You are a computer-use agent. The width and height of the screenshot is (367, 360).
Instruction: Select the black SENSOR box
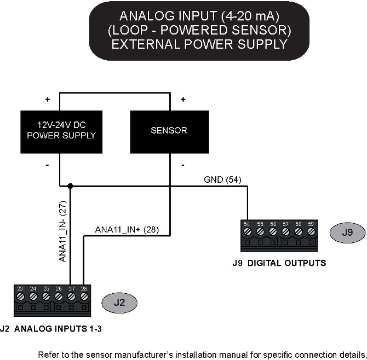coord(169,131)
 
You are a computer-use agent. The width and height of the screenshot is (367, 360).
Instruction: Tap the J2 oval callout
coord(119,301)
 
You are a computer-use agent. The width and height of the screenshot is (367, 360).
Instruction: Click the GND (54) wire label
coord(222,179)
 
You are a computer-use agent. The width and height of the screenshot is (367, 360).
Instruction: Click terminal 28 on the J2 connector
coord(84,296)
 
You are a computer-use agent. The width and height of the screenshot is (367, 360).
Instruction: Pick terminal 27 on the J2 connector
coord(71,296)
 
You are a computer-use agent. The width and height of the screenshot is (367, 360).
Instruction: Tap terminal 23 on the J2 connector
coord(20,296)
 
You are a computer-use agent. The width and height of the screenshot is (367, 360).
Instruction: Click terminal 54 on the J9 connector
coord(247,232)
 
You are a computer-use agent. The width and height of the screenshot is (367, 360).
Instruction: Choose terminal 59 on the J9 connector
coord(311,232)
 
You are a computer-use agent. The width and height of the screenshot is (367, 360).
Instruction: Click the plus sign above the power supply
coord(48,100)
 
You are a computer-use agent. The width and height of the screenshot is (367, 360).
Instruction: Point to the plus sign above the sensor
coord(183,100)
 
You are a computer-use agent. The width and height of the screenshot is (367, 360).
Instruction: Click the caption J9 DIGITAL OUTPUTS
coord(279,263)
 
